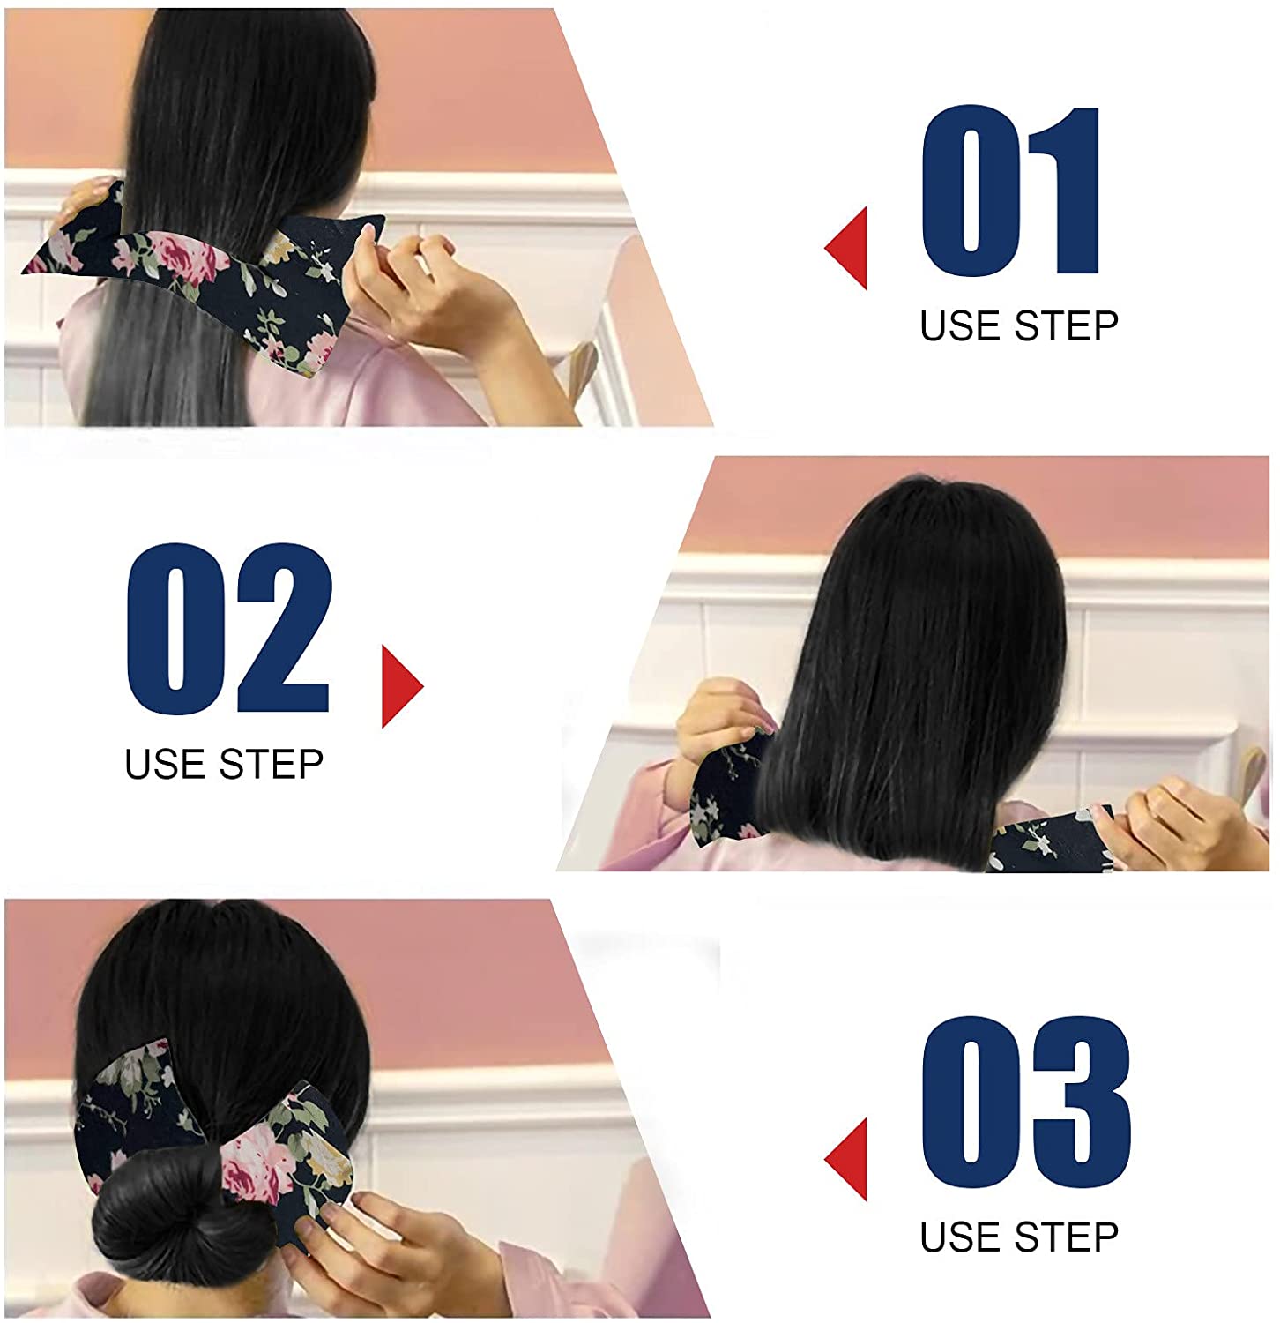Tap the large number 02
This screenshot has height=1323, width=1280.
coord(227,628)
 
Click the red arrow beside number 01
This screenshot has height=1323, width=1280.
coord(849,248)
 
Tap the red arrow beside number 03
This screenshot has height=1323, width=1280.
coord(849,1159)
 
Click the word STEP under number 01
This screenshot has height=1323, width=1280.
coord(1067,326)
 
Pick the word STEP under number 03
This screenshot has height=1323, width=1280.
coord(1067,1237)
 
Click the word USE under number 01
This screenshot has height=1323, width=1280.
coord(962,326)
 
